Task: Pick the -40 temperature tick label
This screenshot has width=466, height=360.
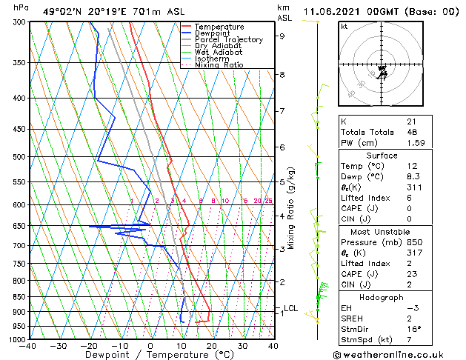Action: pyautogui.click(x=28, y=346)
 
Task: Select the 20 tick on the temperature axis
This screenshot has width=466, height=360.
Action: pyautogui.click(x=212, y=346)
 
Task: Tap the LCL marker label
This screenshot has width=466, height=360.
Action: pyautogui.click(x=291, y=308)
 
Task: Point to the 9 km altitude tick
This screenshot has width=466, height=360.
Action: pyautogui.click(x=282, y=36)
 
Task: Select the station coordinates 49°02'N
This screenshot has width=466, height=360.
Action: pyautogui.click(x=62, y=11)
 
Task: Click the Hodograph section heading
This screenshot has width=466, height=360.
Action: pyautogui.click(x=382, y=297)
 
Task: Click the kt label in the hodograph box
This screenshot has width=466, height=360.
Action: pyautogui.click(x=344, y=27)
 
